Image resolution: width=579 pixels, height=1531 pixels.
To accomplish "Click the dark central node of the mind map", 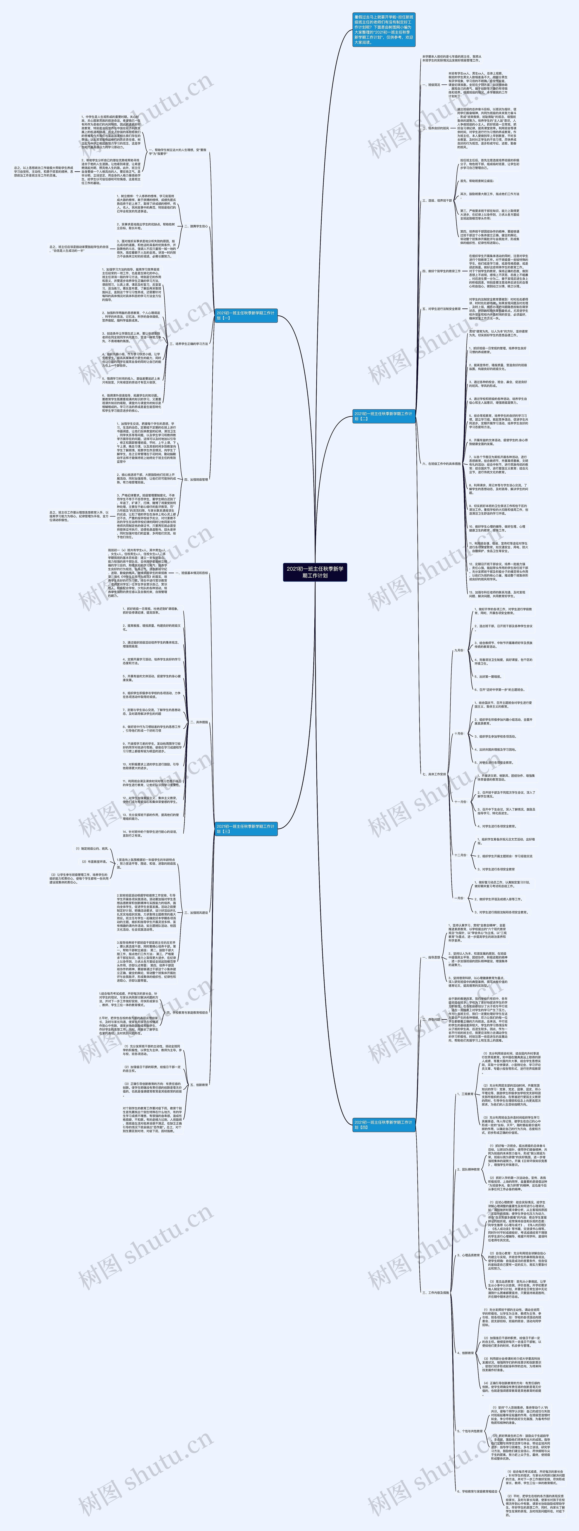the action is point(315,572).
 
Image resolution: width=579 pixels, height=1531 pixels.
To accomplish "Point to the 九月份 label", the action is point(459,650).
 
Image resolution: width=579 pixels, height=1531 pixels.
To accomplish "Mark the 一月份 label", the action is point(459,898).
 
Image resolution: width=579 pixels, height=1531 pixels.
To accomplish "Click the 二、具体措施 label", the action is point(199,723).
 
